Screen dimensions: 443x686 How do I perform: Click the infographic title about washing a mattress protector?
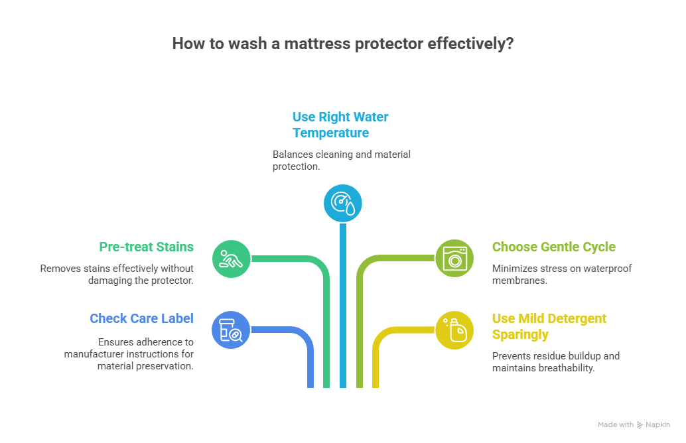[342, 44]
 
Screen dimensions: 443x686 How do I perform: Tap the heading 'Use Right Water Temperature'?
[340, 125]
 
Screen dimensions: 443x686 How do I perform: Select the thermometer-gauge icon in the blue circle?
[342, 202]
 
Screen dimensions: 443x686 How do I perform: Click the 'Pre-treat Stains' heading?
[146, 247]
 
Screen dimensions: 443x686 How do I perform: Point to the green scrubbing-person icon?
[231, 258]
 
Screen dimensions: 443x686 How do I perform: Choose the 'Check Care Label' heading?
[141, 318]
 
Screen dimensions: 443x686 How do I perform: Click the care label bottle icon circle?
[231, 330]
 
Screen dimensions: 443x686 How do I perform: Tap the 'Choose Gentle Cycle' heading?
[553, 247]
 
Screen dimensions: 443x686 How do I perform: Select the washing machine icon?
[454, 258]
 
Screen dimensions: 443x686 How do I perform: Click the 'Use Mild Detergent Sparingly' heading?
[549, 326]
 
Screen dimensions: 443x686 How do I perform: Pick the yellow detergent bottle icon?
[454, 330]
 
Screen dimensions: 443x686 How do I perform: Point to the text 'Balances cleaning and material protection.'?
[341, 160]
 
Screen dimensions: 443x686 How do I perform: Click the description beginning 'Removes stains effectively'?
[117, 274]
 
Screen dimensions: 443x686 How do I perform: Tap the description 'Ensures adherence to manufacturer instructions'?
[129, 353]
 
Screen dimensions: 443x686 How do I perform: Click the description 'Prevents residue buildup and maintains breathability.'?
[555, 361]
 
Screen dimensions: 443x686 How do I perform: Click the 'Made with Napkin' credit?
[634, 424]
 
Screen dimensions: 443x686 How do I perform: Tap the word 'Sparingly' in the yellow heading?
[520, 334]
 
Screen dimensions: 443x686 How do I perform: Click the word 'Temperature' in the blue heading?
[330, 133]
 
